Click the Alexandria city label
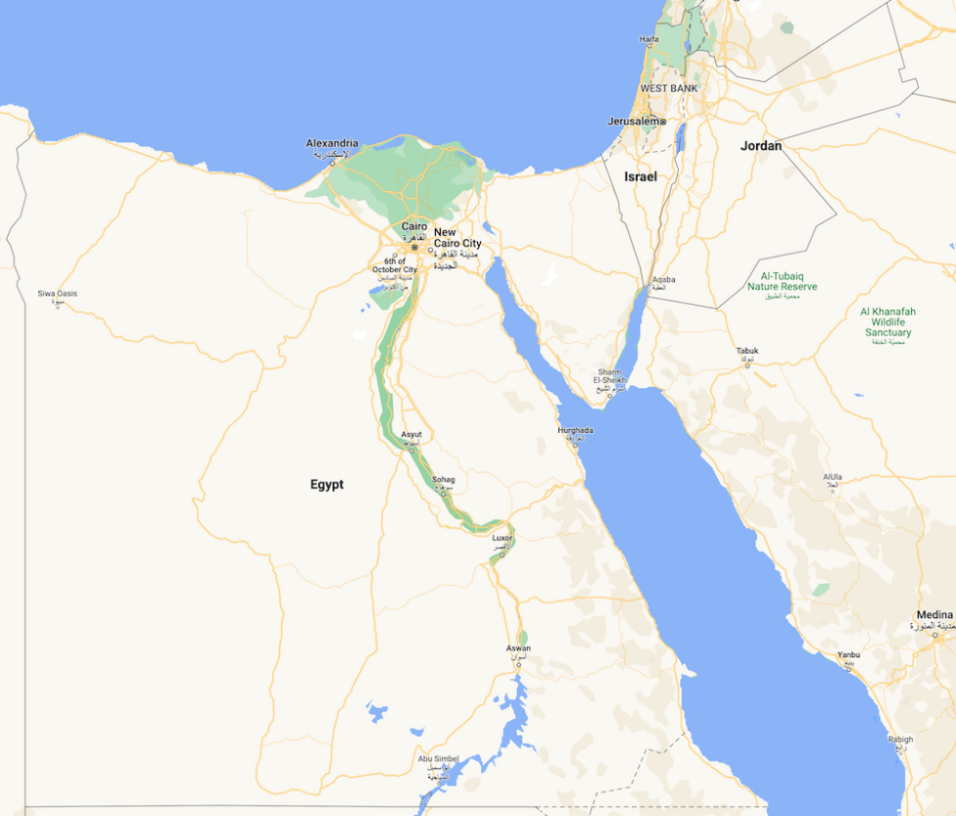(x=332, y=143)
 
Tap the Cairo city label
(x=415, y=226)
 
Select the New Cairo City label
(x=458, y=238)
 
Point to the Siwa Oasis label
(x=58, y=293)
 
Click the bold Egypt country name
(x=327, y=485)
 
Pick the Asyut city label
(x=412, y=435)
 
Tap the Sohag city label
(x=444, y=480)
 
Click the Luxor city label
(x=502, y=537)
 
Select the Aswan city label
(x=518, y=648)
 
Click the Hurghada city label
(x=575, y=430)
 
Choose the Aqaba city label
(x=663, y=280)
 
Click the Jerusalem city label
(x=632, y=121)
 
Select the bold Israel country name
(x=641, y=176)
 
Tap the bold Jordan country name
(x=761, y=146)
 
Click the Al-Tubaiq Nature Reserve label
(x=782, y=282)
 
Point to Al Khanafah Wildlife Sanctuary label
(x=888, y=322)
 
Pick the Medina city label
(x=935, y=615)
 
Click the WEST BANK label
(x=668, y=89)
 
